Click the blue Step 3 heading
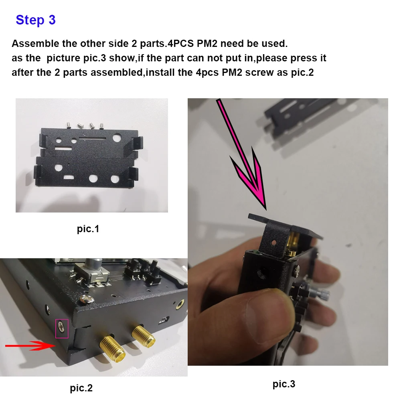(35, 20)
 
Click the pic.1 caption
(88, 229)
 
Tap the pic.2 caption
(81, 388)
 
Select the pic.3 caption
(284, 384)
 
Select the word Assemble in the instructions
(31, 43)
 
